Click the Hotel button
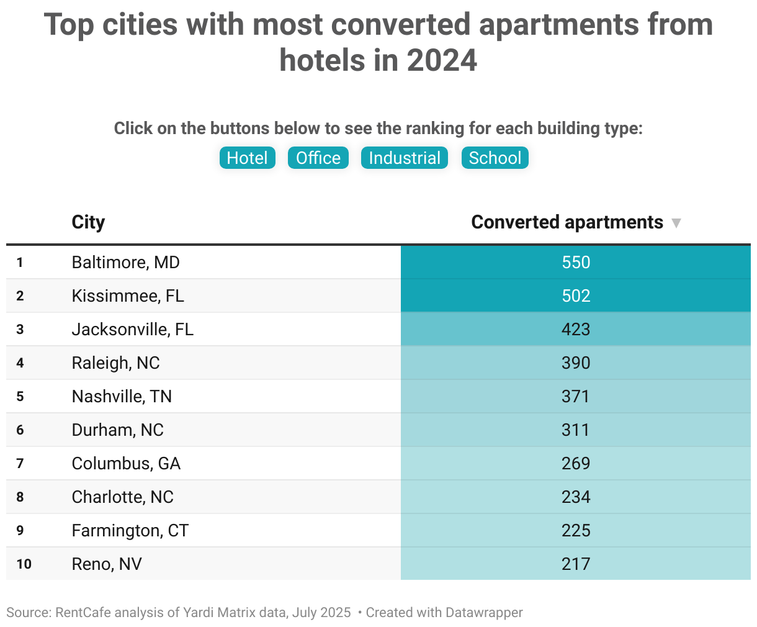(x=247, y=158)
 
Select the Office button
(x=318, y=158)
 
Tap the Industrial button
(x=404, y=158)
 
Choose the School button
(x=495, y=158)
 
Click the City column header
(x=88, y=222)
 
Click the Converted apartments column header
(x=567, y=222)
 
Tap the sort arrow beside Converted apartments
(x=676, y=223)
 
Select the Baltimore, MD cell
(x=125, y=263)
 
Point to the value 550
(x=575, y=263)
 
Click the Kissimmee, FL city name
(x=128, y=296)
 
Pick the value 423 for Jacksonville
(x=575, y=330)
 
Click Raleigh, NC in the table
(x=115, y=363)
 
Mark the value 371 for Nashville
(x=575, y=397)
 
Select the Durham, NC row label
(x=117, y=430)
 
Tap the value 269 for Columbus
(x=575, y=464)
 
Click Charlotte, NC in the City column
(x=122, y=497)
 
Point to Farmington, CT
(x=130, y=531)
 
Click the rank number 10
(x=24, y=564)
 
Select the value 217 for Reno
(x=575, y=564)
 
